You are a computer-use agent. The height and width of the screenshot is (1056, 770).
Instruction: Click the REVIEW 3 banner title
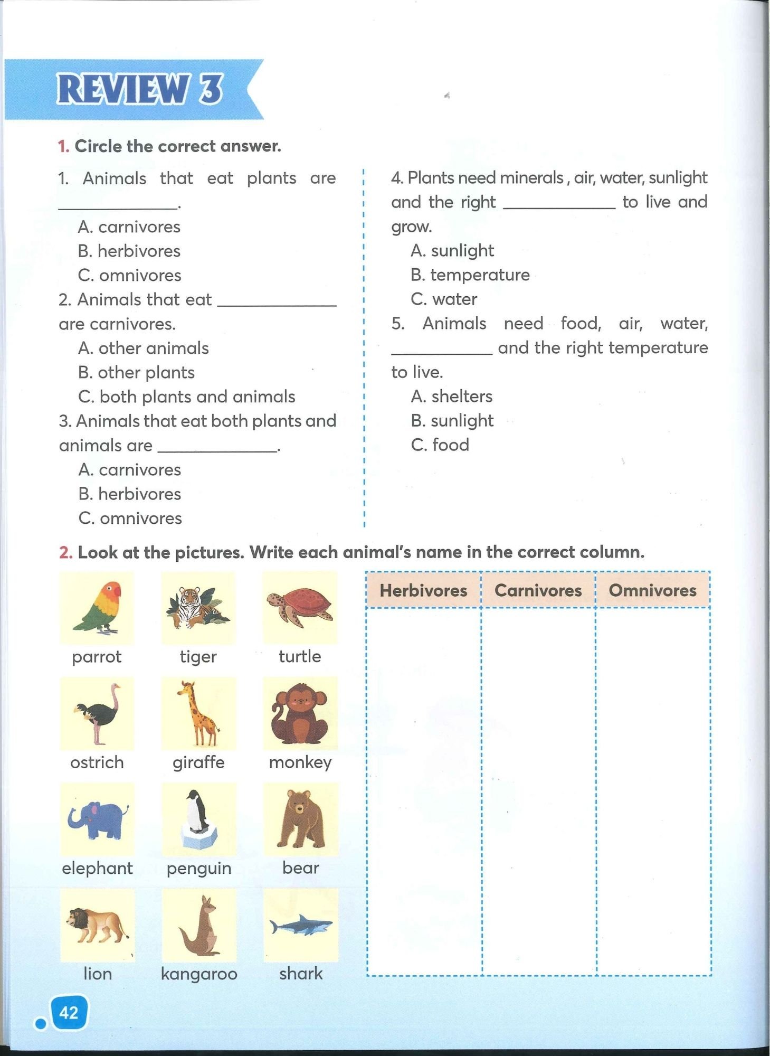[140, 89]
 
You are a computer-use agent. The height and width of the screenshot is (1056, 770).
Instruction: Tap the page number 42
[69, 1012]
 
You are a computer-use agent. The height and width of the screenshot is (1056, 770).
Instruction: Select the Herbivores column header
[423, 590]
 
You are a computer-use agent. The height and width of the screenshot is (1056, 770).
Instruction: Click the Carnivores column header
[538, 590]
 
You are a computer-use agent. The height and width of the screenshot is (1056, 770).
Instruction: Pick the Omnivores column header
[652, 590]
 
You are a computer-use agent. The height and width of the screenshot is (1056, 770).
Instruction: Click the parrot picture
[97, 607]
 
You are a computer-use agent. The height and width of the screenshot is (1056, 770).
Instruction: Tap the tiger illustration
[198, 607]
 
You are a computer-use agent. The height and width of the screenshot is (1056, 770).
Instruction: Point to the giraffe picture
[198, 713]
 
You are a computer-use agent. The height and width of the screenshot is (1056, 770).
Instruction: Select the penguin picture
[198, 819]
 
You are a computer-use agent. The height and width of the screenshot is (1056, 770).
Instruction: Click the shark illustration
[301, 926]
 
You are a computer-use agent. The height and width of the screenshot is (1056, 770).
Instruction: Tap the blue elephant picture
[97, 819]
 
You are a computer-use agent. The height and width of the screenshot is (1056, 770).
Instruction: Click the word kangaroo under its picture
[199, 973]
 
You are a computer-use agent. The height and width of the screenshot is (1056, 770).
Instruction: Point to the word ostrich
[97, 762]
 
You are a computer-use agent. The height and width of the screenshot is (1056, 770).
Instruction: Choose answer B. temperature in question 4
[470, 275]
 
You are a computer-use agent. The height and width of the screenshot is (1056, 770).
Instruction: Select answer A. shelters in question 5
[452, 396]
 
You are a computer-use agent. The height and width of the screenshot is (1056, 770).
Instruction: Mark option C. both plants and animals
[187, 397]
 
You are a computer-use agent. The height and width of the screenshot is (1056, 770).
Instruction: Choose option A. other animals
[144, 348]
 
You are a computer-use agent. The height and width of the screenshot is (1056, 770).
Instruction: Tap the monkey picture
[300, 713]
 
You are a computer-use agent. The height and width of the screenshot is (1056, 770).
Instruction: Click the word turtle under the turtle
[300, 656]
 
